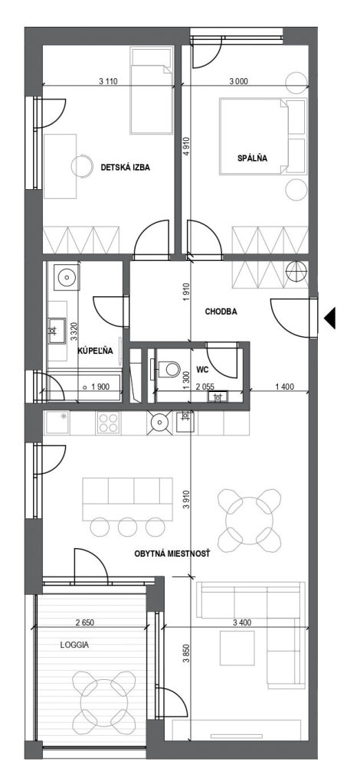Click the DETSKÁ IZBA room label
(x=126, y=168)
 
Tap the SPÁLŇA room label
(x=252, y=158)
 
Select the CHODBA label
(x=221, y=312)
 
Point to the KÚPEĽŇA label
(x=95, y=351)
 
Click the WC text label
(x=202, y=370)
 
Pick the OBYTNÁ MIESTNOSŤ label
(x=172, y=554)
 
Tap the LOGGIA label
(x=74, y=645)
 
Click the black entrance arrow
(x=329, y=318)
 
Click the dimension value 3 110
(x=108, y=81)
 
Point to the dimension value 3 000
(x=238, y=81)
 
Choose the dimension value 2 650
(x=84, y=623)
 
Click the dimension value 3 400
(x=242, y=623)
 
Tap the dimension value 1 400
(x=284, y=386)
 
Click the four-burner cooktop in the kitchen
(x=109, y=423)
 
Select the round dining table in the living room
(x=249, y=521)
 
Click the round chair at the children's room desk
(x=81, y=165)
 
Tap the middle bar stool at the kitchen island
(x=127, y=526)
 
